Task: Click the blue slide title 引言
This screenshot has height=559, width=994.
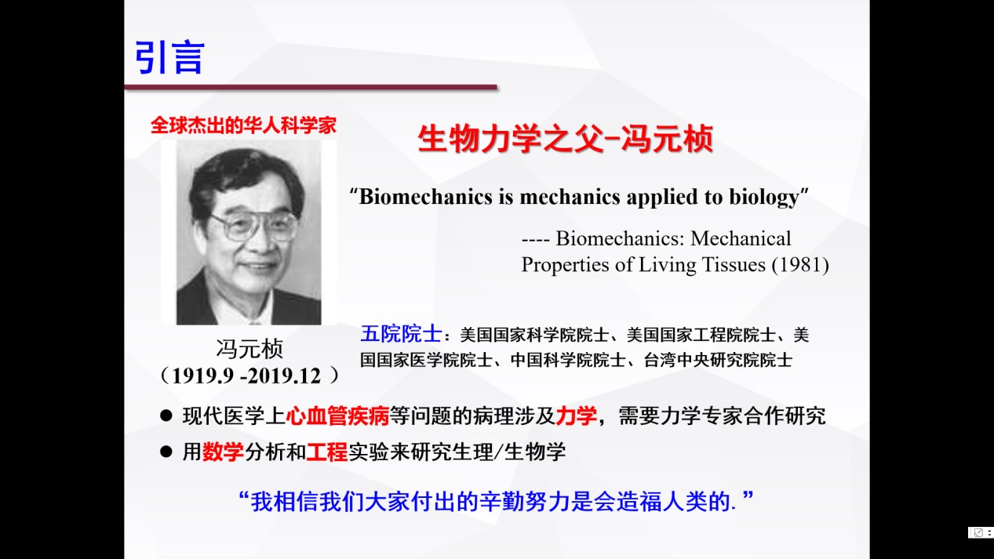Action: (169, 57)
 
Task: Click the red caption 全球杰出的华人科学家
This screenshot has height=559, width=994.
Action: (243, 125)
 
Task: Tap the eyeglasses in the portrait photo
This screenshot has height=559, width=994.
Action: (252, 227)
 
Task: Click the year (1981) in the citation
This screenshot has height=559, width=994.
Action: (800, 265)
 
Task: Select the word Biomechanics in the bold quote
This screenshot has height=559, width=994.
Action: (425, 196)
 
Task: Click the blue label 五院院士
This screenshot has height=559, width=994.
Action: (401, 334)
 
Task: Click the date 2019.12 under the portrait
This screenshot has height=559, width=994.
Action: (284, 376)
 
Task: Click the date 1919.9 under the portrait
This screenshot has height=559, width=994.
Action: (202, 376)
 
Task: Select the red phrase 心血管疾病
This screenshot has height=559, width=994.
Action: (337, 416)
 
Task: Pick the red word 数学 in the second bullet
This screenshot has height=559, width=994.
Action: (223, 452)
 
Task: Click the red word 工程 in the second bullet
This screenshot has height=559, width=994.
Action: (326, 452)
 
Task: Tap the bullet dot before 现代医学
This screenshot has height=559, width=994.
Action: (166, 416)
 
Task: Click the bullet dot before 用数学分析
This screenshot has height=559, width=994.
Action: (166, 452)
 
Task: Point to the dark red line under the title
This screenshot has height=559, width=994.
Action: (311, 87)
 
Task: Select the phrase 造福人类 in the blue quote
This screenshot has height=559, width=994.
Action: (661, 502)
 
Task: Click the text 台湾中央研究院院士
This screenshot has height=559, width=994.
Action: (718, 360)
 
